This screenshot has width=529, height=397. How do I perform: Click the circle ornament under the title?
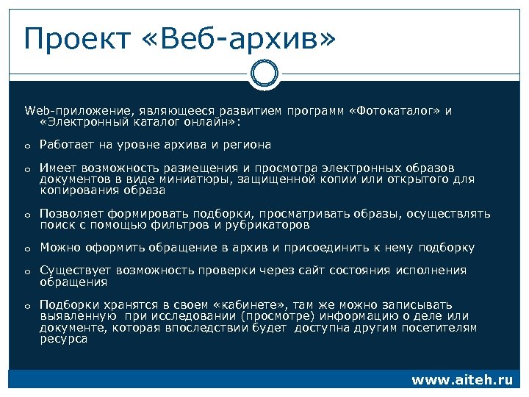coord(264,74)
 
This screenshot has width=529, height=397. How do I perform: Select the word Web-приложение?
coord(65,111)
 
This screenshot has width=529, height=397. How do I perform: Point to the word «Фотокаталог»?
coord(397,111)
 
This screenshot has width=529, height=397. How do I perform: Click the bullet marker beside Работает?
coord(26,146)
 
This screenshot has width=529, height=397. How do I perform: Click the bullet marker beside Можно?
coord(26,249)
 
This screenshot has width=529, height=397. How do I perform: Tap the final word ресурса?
coord(63,340)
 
